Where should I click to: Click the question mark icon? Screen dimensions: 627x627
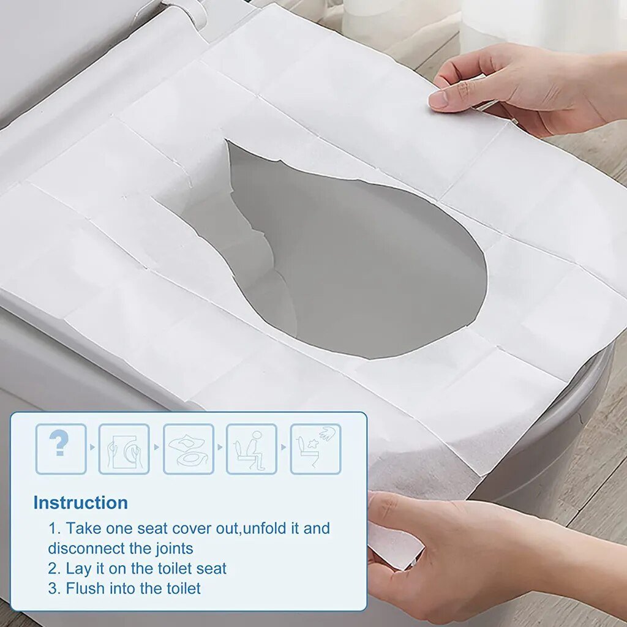[x=61, y=449]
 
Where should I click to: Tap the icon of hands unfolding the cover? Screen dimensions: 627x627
[x=124, y=449]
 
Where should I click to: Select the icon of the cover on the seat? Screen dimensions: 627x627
[x=188, y=449]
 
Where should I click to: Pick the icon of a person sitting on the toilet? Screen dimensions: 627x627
[x=252, y=449]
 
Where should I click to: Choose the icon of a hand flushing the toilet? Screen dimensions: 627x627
[x=315, y=449]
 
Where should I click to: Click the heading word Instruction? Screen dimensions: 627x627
[x=80, y=503]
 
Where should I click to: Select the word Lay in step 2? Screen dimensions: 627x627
[x=77, y=568]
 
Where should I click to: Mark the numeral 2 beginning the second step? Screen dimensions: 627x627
[x=53, y=568]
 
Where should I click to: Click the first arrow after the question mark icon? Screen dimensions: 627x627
[x=92, y=448]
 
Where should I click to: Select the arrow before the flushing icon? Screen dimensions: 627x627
[x=283, y=448]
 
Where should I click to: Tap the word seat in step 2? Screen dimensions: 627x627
[x=211, y=568]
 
